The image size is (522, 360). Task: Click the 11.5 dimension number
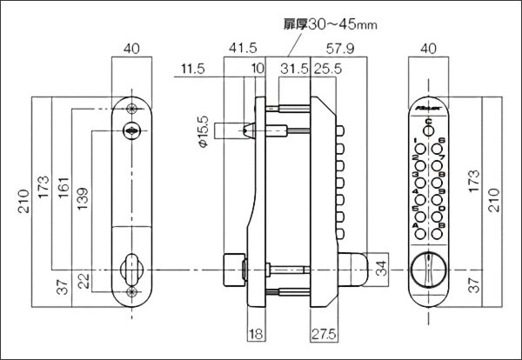point(192,69)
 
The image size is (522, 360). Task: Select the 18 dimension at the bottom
point(256,333)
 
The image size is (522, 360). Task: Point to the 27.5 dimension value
point(324,333)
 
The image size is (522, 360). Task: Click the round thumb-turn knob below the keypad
point(427,269)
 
